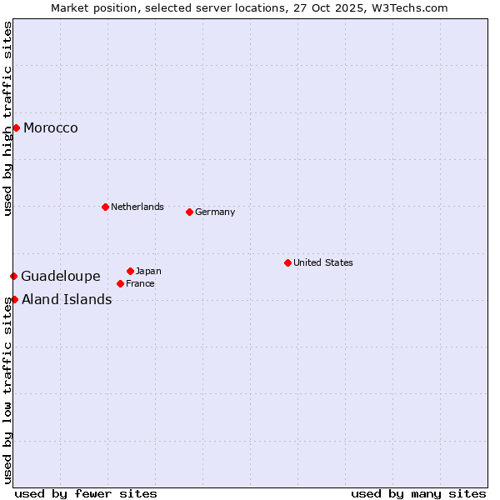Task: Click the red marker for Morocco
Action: (x=16, y=127)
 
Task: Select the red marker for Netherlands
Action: (x=105, y=207)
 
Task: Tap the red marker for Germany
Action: (x=189, y=212)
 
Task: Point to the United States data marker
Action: (x=287, y=262)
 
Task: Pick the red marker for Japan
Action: (x=130, y=271)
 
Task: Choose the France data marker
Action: (x=120, y=283)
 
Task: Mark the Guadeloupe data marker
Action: (x=13, y=276)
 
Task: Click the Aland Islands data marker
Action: (x=14, y=299)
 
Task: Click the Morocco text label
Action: (x=51, y=128)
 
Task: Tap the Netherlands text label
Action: (x=137, y=207)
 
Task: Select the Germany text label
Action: (x=215, y=212)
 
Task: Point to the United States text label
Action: (x=323, y=262)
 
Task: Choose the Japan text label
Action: (x=148, y=271)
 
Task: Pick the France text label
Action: (x=140, y=283)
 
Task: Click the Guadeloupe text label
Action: (x=61, y=277)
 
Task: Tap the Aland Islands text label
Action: (x=67, y=300)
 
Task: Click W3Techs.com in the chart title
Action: (x=411, y=8)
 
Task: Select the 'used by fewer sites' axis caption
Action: (x=86, y=493)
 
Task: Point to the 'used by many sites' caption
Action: (x=418, y=493)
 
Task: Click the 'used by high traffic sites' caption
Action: (x=8, y=118)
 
